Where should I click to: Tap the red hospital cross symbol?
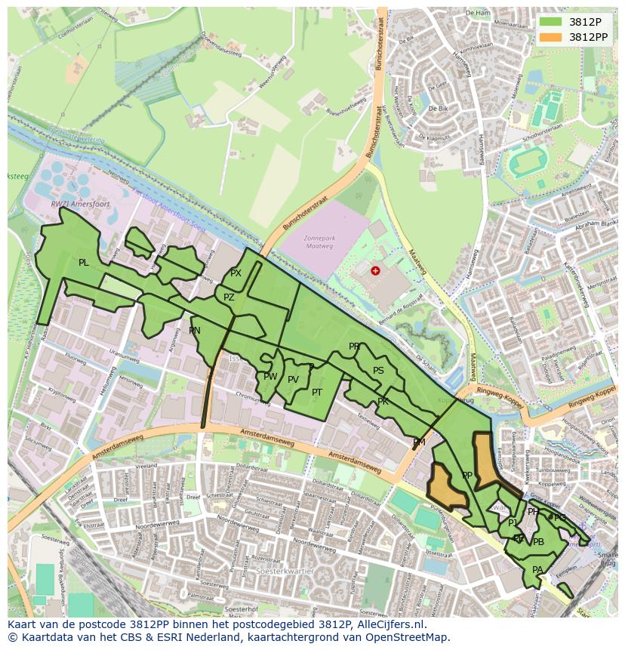[x=375, y=270]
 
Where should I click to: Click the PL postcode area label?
[x=83, y=263]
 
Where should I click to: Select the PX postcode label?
[x=236, y=273]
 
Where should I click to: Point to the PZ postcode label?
[x=229, y=297]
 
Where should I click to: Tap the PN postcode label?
[x=195, y=331]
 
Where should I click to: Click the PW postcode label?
[x=270, y=376]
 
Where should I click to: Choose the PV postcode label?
[x=294, y=380]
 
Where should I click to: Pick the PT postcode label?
[x=317, y=392]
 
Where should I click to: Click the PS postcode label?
[x=378, y=371]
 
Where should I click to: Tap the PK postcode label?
[x=383, y=401]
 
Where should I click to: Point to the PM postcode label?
[x=419, y=442]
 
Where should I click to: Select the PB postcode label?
[x=538, y=542]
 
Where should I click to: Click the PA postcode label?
[x=537, y=570]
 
